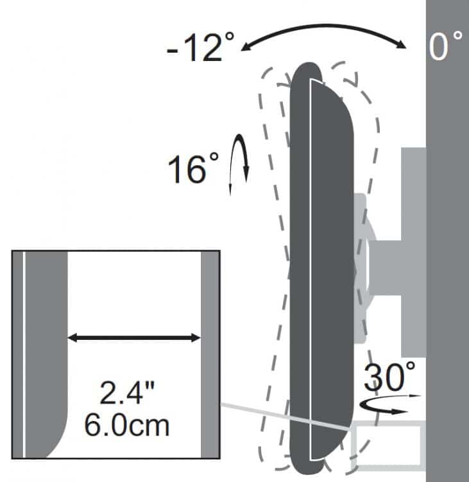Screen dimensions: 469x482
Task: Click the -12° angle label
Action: (200, 47)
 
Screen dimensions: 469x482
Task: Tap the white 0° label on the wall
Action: (445, 45)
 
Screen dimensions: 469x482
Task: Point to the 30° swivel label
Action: (389, 376)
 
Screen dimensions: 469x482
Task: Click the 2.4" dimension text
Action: (127, 392)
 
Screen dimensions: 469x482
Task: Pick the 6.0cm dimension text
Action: (126, 425)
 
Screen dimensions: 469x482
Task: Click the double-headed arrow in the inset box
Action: (134, 338)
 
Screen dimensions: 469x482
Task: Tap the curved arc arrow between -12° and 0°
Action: (324, 26)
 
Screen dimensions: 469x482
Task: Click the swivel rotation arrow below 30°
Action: (388, 405)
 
